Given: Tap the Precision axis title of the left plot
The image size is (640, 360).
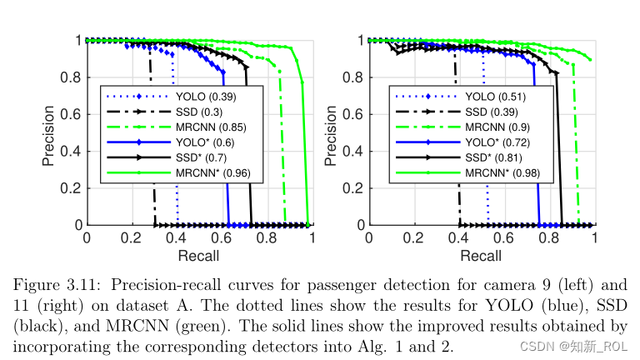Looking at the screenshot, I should [49, 133].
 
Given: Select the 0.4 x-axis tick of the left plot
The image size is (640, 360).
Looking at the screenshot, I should [177, 237].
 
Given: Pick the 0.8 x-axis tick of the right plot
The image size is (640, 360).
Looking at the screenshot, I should [550, 237].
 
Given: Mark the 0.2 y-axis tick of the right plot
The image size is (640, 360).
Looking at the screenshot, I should [354, 188].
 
